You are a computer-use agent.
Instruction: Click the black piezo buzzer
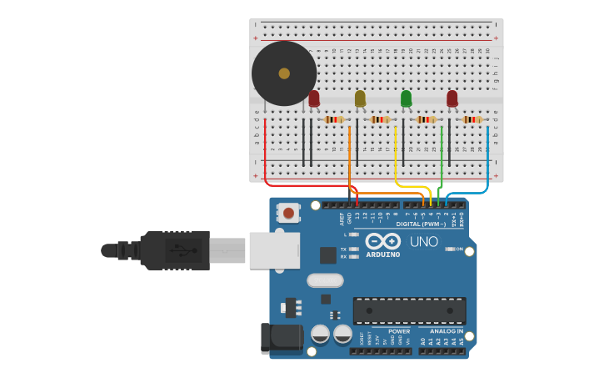pyautogui.click(x=284, y=73)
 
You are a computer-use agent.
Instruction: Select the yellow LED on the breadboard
pyautogui.click(x=360, y=98)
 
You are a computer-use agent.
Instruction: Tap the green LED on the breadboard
pyautogui.click(x=406, y=98)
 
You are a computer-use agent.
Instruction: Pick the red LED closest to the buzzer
pyautogui.click(x=314, y=98)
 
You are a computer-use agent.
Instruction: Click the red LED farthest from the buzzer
pyautogui.click(x=452, y=99)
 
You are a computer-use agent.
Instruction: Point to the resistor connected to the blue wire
pyautogui.click(x=472, y=119)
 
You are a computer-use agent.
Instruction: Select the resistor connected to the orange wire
pyautogui.click(x=334, y=119)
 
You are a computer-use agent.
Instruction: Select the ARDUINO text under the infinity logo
pyautogui.click(x=383, y=254)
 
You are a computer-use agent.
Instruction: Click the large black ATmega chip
pyautogui.click(x=409, y=310)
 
